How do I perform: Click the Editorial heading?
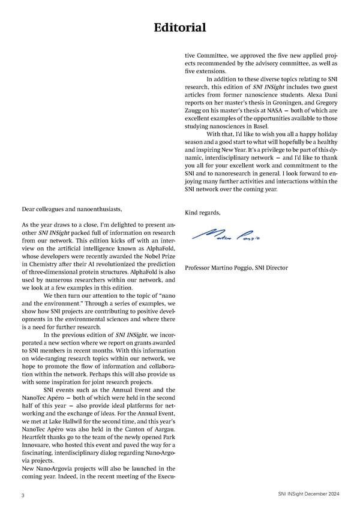click(180, 28)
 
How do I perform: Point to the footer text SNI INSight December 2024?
click(304, 493)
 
